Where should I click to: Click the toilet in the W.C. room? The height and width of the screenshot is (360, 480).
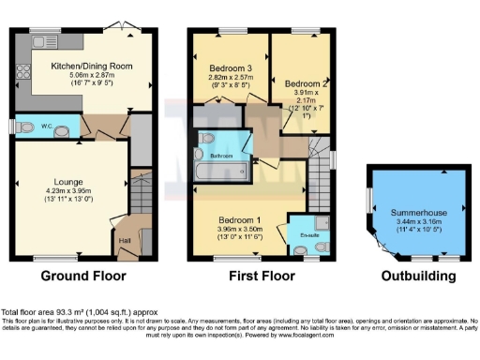[x=27, y=127]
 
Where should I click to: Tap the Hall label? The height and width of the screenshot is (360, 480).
[x=125, y=240]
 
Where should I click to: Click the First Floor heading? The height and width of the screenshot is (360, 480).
[x=256, y=277]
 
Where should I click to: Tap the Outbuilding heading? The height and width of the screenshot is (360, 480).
[x=419, y=277]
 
